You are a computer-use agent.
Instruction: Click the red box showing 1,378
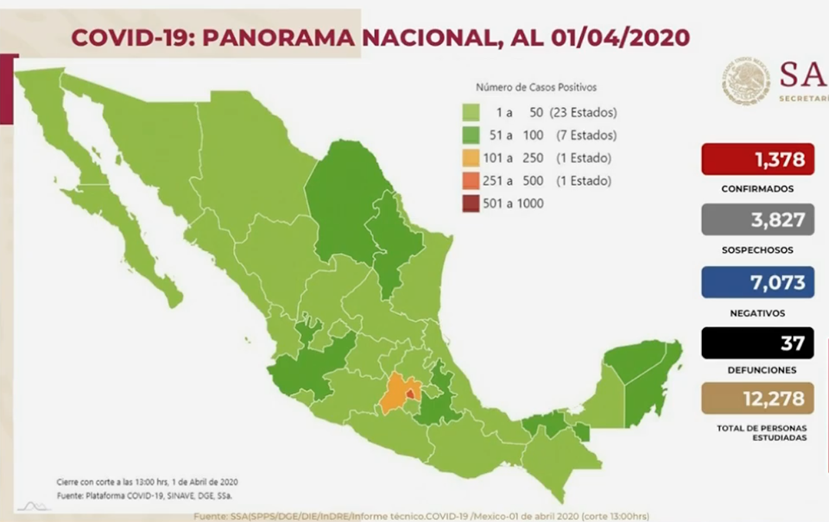[757, 160]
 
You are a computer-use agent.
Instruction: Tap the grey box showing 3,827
[757, 220]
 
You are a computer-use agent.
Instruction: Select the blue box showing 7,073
[757, 282]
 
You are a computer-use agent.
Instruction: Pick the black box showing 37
[757, 343]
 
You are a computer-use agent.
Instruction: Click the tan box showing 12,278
[757, 399]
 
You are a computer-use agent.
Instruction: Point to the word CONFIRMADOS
[757, 188]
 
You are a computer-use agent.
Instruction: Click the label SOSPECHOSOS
[757, 249]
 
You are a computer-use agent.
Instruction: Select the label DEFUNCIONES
[757, 369]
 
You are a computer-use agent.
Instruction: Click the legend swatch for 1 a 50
[471, 113]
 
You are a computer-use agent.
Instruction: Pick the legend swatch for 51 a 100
[471, 135]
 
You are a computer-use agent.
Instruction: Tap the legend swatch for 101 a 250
[471, 158]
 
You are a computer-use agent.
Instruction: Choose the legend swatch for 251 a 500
[471, 180]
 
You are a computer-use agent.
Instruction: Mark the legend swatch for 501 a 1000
[471, 204]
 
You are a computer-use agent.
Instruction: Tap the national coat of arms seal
[746, 81]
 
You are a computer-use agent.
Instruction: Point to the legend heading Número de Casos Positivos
[535, 87]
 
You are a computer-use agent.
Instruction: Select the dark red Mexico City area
[409, 394]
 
